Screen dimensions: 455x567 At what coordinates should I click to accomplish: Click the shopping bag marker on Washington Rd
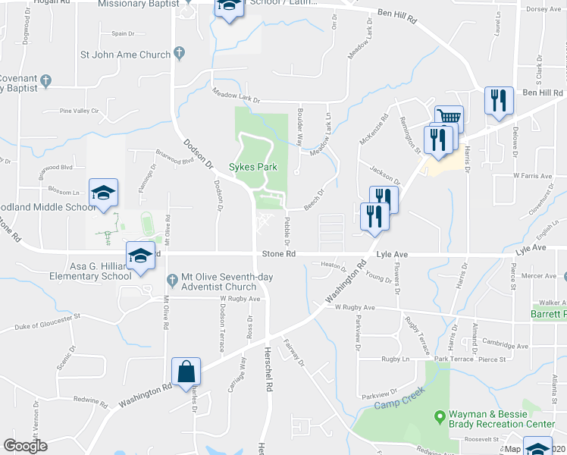click(x=186, y=372)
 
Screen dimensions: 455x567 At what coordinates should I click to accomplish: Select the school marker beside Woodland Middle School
click(x=104, y=193)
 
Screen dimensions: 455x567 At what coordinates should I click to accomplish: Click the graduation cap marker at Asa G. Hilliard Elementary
click(x=140, y=256)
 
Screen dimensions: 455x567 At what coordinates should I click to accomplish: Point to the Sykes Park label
click(x=253, y=167)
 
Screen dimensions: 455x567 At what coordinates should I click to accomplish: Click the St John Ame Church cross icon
click(x=179, y=53)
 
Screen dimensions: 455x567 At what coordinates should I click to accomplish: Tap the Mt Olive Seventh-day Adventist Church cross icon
click(x=172, y=280)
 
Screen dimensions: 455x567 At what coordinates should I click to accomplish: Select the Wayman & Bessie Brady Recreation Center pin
click(x=438, y=416)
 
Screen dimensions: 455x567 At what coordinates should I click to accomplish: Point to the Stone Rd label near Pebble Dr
click(x=278, y=254)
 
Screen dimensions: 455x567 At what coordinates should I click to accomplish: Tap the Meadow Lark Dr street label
click(x=236, y=98)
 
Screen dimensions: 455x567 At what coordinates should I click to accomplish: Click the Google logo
click(x=25, y=445)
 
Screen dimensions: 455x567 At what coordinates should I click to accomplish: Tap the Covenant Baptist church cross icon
click(x=45, y=79)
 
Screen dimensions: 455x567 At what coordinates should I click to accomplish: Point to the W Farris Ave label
click(x=530, y=175)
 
